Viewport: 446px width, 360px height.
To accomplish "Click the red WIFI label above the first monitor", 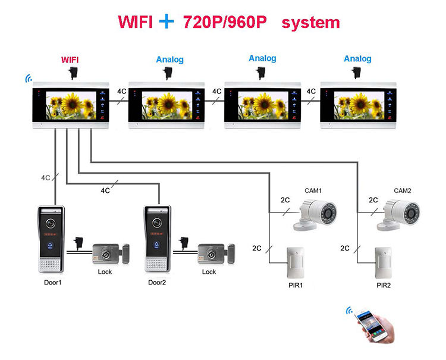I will [x=70, y=60].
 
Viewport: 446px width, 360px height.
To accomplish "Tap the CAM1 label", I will [x=313, y=190].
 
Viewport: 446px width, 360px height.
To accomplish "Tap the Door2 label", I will [x=158, y=282].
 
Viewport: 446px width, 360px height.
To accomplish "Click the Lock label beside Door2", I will [x=209, y=272].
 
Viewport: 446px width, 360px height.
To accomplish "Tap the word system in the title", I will [x=310, y=23].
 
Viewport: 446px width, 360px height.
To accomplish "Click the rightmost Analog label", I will [x=357, y=58].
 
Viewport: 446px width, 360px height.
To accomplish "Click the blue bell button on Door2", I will [x=157, y=243].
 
